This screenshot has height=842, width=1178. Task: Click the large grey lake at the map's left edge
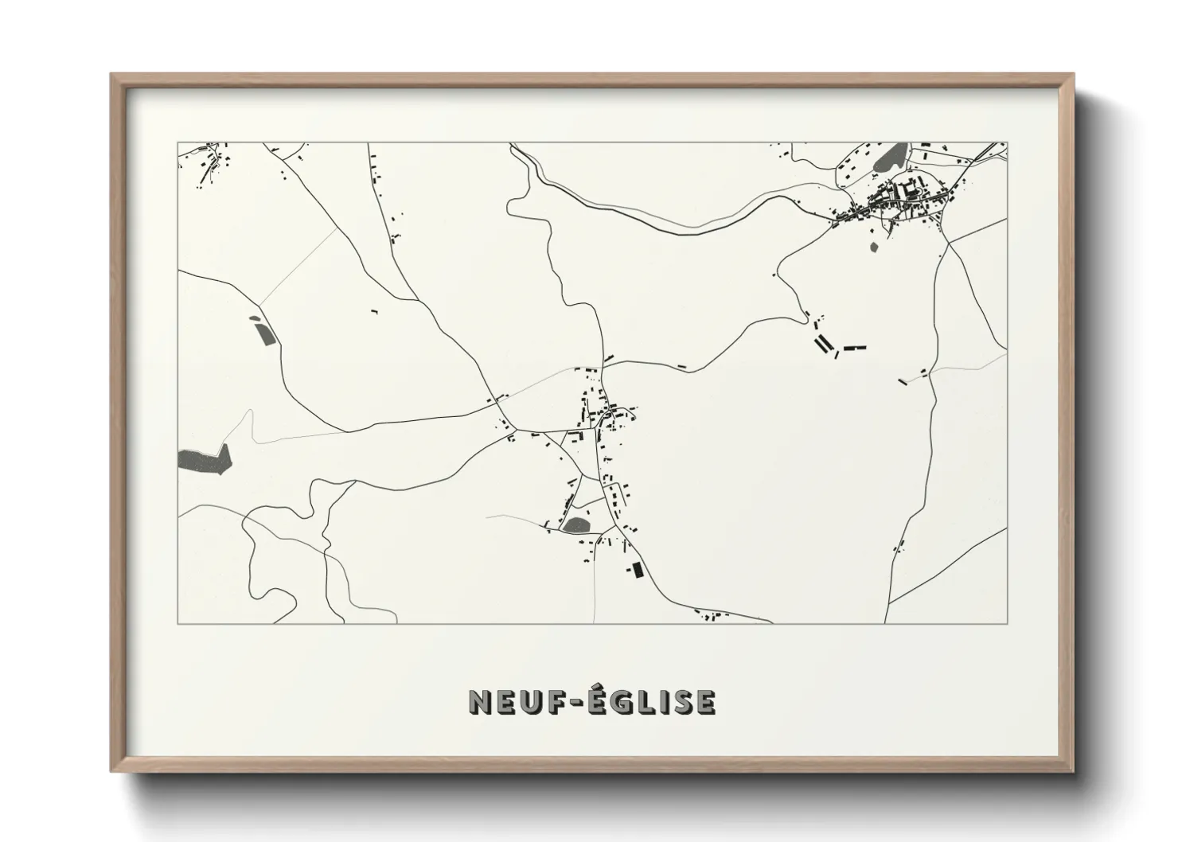click(204, 459)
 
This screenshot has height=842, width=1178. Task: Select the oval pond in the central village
click(575, 524)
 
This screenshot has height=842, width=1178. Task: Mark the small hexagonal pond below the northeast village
click(875, 246)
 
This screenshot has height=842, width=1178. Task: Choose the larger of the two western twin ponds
click(264, 334)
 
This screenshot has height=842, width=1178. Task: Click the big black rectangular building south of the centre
click(636, 571)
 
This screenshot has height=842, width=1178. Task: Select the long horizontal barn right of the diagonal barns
click(854, 348)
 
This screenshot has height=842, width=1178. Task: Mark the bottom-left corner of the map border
click(178, 623)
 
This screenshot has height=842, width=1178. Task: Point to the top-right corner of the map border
click(1006, 143)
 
